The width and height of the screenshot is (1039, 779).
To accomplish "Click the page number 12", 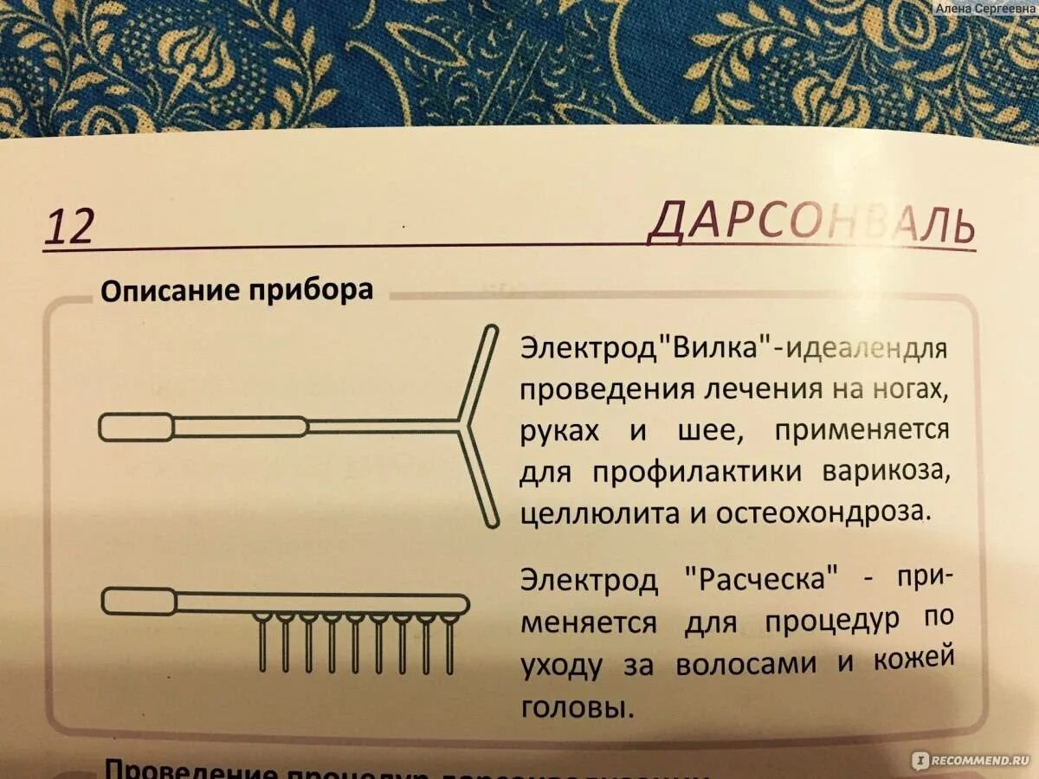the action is [68, 227].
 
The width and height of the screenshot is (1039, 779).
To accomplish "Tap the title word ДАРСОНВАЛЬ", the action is [811, 224].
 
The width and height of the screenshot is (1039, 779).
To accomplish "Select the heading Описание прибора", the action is [237, 290].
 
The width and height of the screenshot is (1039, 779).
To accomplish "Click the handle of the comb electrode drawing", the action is [139, 601].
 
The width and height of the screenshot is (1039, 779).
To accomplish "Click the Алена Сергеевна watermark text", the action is [984, 7].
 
